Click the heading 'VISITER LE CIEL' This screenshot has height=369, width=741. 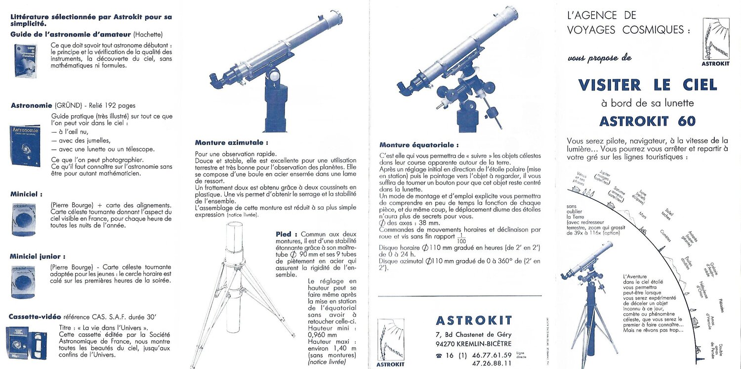(x=648, y=85)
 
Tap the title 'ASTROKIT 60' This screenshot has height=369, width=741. (x=648, y=121)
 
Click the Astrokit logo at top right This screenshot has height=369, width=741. (x=716, y=42)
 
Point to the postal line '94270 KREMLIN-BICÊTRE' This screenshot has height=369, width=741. (x=470, y=344)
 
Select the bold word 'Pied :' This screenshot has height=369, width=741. (x=287, y=234)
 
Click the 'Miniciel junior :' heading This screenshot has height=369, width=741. (x=38, y=256)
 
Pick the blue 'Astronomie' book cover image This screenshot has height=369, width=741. (x=25, y=145)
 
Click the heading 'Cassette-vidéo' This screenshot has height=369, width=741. (x=35, y=316)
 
